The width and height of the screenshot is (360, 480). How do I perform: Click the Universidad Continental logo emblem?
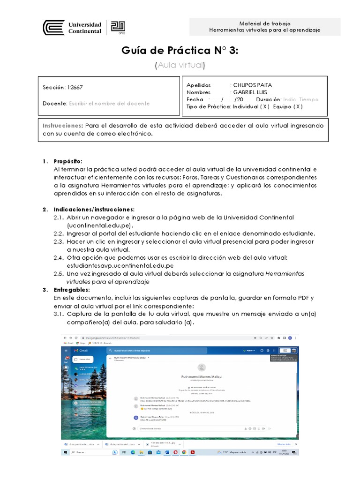point(53,28)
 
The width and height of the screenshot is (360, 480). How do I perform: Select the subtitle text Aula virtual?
point(180,65)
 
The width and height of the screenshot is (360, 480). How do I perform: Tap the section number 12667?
point(75,87)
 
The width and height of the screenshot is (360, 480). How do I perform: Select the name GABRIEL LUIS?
point(252,92)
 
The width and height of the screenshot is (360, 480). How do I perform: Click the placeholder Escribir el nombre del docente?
point(109,103)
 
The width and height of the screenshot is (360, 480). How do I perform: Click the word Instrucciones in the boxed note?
point(63,126)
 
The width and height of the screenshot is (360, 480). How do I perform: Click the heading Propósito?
point(68,161)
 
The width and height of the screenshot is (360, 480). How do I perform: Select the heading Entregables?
point(72,290)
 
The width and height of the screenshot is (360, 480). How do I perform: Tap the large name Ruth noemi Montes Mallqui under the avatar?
point(202,376)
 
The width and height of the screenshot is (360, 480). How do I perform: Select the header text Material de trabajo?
point(265,23)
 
